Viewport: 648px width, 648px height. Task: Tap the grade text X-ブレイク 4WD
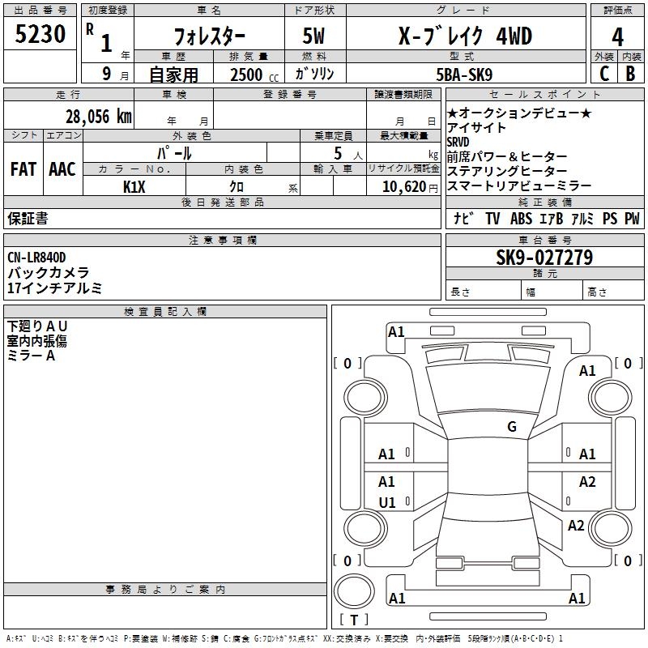467,36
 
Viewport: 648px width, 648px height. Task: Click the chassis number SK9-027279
544,258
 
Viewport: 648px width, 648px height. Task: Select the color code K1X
134,186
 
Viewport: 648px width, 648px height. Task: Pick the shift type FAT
23,169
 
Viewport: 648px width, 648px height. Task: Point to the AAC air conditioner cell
62,169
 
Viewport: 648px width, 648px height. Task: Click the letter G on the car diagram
511,427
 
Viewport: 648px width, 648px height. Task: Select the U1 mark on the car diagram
387,502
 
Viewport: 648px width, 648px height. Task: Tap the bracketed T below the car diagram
354,620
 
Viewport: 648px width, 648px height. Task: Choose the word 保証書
28,218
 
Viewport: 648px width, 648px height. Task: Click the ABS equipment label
522,218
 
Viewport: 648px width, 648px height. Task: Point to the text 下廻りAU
37,326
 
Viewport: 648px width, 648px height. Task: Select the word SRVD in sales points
458,142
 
